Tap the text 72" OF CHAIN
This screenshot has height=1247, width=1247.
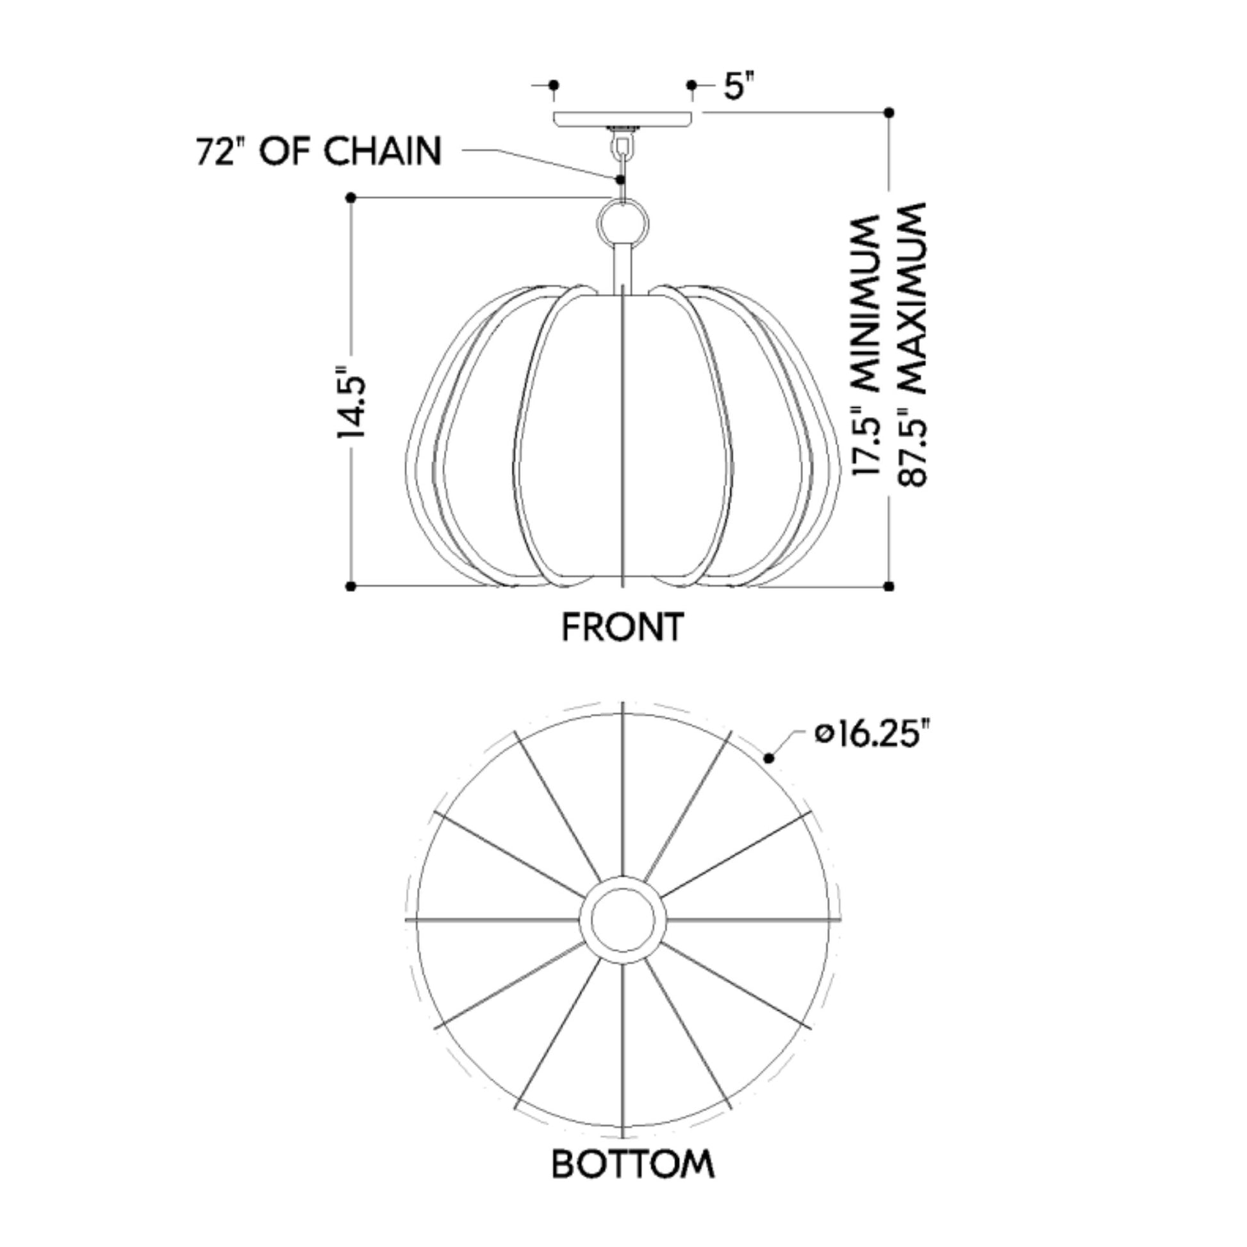point(319,151)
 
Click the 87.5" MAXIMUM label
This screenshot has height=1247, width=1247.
point(911,345)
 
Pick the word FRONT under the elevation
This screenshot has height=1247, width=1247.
point(622,627)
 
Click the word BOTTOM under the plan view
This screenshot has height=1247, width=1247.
point(633,1164)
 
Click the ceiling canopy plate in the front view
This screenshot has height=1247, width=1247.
point(623,119)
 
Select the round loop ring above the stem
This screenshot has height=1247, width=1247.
point(622,224)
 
